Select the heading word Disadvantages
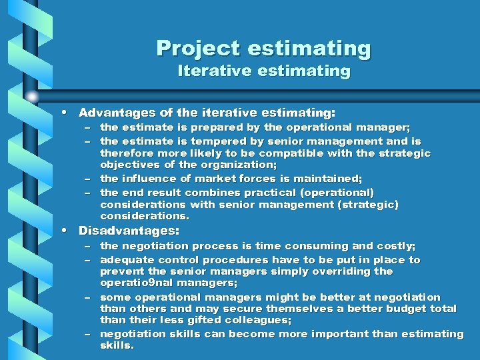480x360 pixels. tap(129, 231)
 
